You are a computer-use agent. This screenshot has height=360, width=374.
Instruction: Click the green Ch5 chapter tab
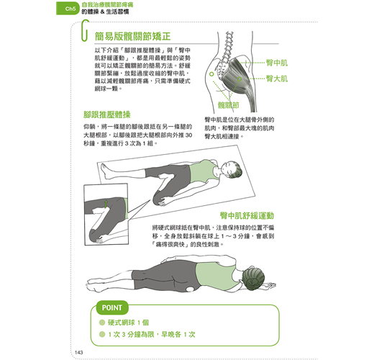pos(68,9)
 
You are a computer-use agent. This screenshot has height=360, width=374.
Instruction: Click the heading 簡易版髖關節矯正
pos(132,37)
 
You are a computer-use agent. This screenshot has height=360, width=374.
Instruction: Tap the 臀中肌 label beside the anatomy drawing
pos(277,63)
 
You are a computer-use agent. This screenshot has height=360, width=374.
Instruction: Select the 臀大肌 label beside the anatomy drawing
pos(277,78)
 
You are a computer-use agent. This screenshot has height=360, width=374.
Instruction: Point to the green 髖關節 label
pos(228,105)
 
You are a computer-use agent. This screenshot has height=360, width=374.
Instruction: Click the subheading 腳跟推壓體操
pos(107,114)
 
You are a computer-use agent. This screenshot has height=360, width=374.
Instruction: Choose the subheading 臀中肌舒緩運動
pos(247,215)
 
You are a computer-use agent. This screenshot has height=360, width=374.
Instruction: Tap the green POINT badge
pos(112,307)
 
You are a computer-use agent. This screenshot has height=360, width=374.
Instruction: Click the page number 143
pos(79,352)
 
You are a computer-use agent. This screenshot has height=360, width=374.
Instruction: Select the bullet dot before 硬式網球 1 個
pos(102,323)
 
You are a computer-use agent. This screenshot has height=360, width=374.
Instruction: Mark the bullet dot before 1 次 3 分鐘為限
pos(102,334)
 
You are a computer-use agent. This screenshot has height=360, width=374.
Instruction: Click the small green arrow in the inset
pos(106,204)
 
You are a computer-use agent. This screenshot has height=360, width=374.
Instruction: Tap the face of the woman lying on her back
pos(227,169)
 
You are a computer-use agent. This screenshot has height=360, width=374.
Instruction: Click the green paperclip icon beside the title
pos(84,30)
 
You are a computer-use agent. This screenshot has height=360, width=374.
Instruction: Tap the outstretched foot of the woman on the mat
pos(106,171)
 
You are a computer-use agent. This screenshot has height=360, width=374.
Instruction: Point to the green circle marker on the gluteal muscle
pos(240,79)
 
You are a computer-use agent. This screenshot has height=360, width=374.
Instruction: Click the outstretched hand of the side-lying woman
pos(270,285)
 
